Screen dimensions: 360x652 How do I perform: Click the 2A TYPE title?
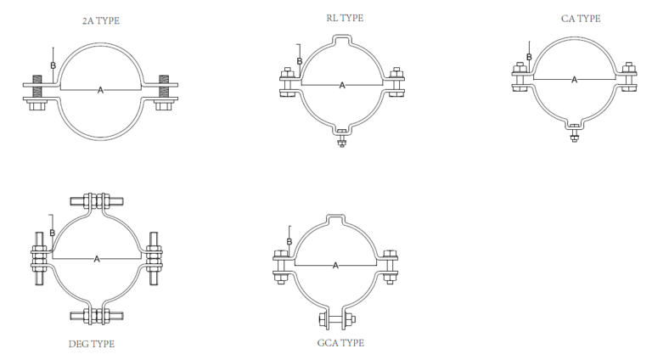pyautogui.click(x=101, y=20)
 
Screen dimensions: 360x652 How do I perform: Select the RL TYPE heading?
pyautogui.click(x=343, y=17)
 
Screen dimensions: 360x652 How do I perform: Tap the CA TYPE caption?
pyautogui.click(x=582, y=18)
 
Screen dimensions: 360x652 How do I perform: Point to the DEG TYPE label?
pyautogui.click(x=91, y=344)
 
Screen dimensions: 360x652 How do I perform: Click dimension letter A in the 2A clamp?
pyautogui.click(x=100, y=90)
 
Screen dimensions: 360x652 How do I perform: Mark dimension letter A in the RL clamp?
pyautogui.click(x=342, y=85)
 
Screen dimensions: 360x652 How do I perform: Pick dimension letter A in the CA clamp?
pyautogui.click(x=574, y=80)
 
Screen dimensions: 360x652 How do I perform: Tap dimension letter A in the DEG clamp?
pyautogui.click(x=97, y=258)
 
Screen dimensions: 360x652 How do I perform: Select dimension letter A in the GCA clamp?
pyautogui.click(x=335, y=266)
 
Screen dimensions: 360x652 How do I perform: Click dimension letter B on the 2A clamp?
pyautogui.click(x=53, y=65)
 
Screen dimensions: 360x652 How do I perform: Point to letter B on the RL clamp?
pyautogui.click(x=299, y=61)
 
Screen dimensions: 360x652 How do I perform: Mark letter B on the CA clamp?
pyautogui.click(x=529, y=58)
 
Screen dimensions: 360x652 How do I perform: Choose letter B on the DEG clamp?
pyautogui.click(x=52, y=233)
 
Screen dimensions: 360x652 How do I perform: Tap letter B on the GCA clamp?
pyautogui.click(x=289, y=242)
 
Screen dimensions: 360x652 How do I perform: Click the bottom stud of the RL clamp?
pyautogui.click(x=342, y=138)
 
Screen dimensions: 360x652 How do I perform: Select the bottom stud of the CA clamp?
pyautogui.click(x=574, y=132)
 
